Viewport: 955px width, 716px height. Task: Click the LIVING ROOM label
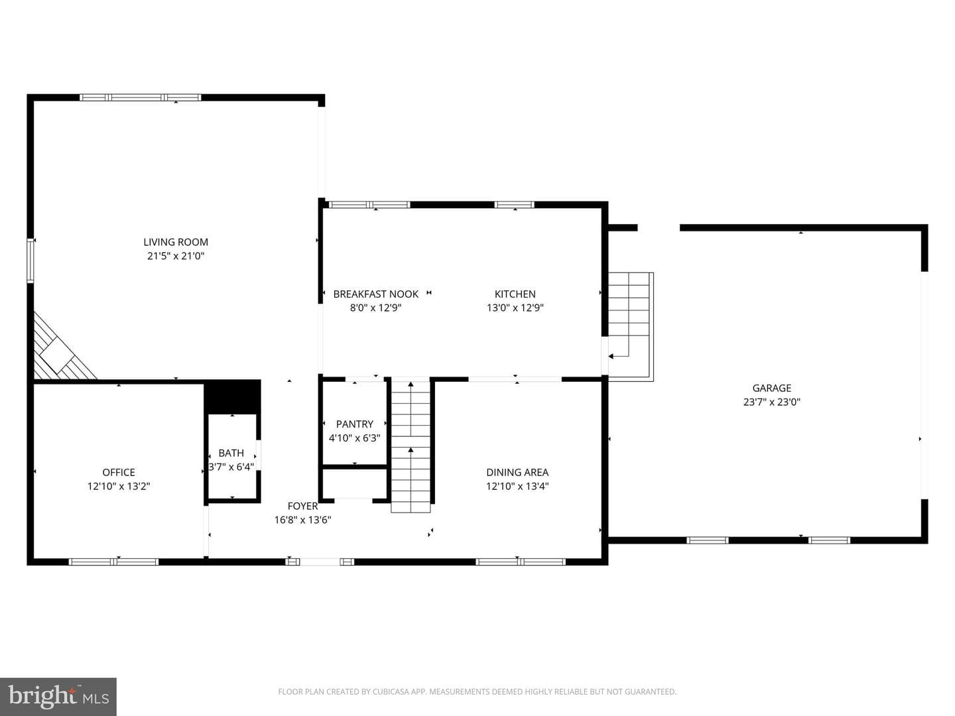(176, 242)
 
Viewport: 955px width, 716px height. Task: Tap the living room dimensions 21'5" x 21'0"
(176, 256)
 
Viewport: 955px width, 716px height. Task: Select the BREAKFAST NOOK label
(376, 294)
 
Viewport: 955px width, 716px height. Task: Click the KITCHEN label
(515, 294)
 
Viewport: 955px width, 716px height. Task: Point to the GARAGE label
(772, 388)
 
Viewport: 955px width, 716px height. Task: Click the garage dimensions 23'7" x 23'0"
(772, 402)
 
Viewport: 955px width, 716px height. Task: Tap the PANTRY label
(355, 424)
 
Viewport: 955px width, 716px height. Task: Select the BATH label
(231, 453)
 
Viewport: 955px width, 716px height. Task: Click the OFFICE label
(119, 472)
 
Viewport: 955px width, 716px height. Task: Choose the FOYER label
(303, 506)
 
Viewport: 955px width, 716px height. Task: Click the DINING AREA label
(517, 472)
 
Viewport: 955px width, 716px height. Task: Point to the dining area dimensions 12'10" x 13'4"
(517, 486)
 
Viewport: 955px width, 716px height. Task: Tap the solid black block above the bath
(232, 396)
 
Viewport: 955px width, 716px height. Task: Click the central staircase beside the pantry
(411, 446)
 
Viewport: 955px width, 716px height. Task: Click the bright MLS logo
(58, 696)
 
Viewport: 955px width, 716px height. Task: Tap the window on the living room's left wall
(31, 261)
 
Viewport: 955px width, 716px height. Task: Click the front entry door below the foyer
(320, 562)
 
